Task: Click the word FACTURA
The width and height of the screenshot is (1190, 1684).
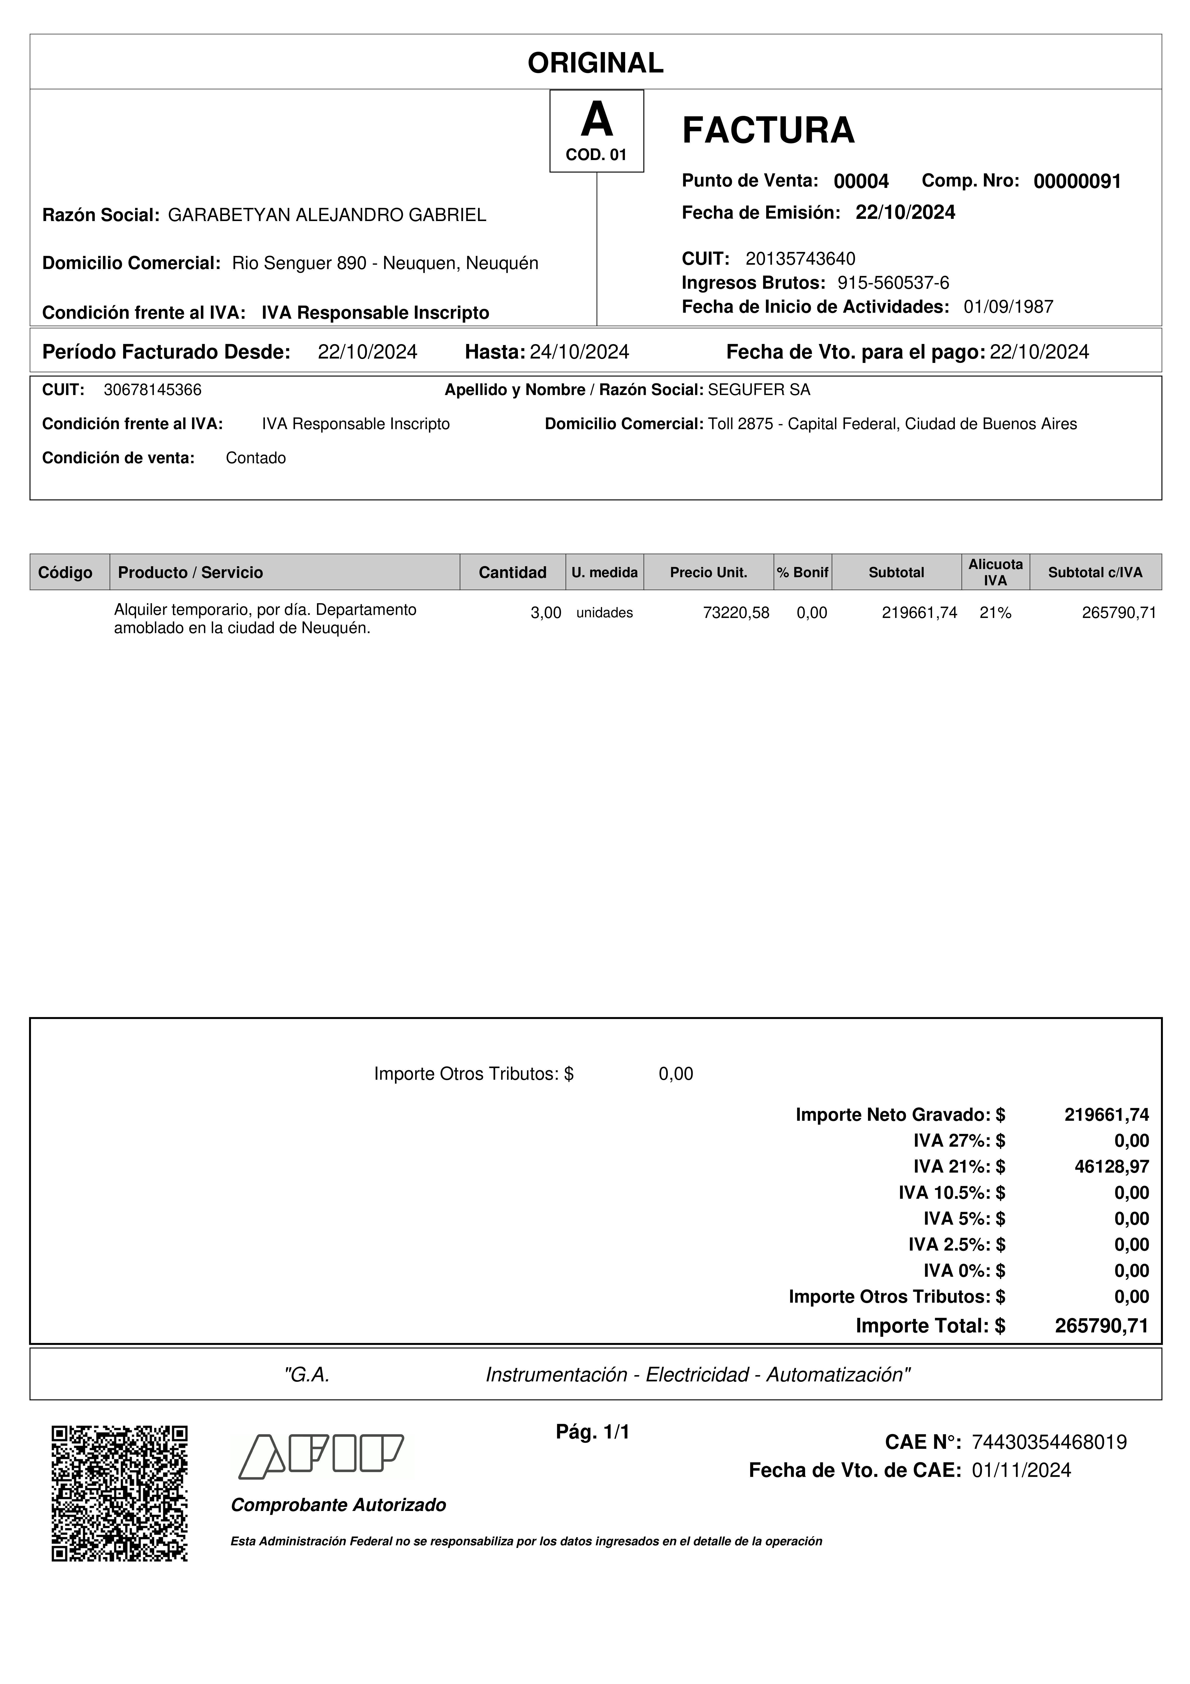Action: coord(768,131)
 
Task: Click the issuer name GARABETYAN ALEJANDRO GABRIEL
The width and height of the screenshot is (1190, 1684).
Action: coord(327,215)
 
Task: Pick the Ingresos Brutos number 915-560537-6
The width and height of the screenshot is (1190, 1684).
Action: coord(893,283)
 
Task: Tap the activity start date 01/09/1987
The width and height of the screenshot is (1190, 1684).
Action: coord(1008,307)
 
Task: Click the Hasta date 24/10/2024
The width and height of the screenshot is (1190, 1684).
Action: coord(579,352)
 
